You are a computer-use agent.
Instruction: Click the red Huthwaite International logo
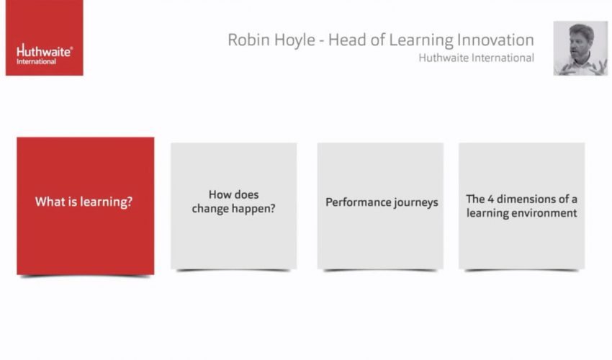[44, 37]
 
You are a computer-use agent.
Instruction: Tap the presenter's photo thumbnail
[580, 48]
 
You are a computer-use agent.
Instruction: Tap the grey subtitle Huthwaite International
[476, 58]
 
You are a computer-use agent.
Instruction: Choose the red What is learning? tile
[85, 205]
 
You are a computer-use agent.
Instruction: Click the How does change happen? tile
[233, 205]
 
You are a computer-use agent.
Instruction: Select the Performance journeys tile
[381, 205]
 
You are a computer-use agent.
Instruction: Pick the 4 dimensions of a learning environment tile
[521, 205]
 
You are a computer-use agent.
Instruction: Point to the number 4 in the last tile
[492, 199]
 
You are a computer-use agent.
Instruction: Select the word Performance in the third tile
[353, 202]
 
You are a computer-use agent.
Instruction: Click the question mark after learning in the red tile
[130, 202]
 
